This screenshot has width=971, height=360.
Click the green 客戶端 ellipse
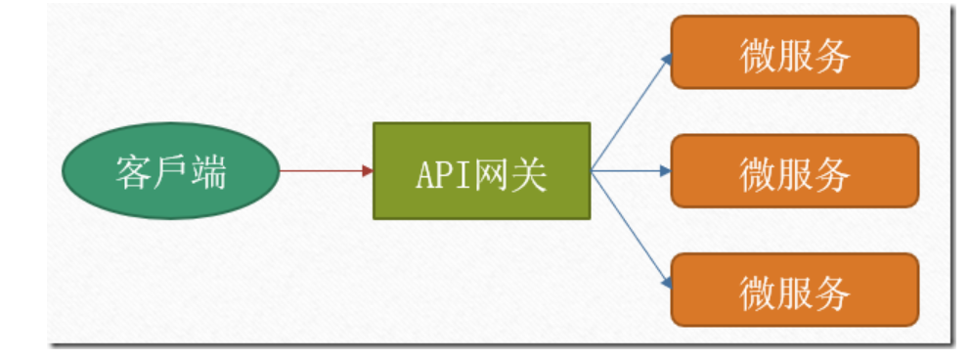click(170, 172)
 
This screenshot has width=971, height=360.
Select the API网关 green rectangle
click(481, 171)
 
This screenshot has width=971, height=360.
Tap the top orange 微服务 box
click(794, 52)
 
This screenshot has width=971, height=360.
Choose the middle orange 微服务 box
click(794, 171)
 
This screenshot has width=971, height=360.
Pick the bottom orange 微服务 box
click(794, 290)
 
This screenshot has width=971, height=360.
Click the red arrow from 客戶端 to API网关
click(323, 171)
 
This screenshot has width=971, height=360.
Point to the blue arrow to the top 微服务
click(631, 113)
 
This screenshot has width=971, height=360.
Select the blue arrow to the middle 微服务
click(631, 171)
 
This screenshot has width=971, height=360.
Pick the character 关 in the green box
click(528, 174)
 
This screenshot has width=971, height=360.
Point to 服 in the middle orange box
click(794, 174)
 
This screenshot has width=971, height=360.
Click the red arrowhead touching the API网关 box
click(368, 171)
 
